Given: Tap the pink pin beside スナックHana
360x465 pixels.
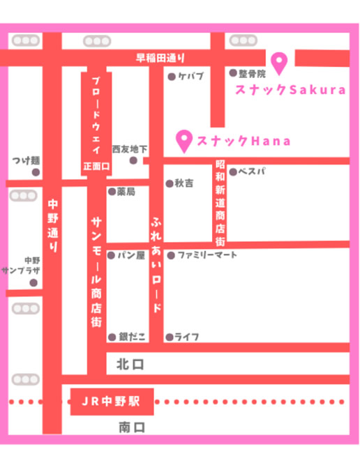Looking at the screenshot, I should click(185, 140).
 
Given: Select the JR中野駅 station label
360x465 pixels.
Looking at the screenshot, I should click(111, 402).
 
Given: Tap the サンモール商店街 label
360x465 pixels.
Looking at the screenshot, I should click(96, 271).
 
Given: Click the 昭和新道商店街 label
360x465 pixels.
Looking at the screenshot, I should click(220, 202).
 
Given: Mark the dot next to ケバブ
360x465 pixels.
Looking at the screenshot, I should click(171, 77).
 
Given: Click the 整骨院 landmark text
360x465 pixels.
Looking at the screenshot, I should click(252, 73).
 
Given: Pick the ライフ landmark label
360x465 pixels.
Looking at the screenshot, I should click(186, 337).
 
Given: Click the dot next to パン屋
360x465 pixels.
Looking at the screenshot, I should click(111, 255).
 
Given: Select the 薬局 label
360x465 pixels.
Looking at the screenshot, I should click(126, 190).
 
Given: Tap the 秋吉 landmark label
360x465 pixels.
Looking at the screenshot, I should click(184, 183).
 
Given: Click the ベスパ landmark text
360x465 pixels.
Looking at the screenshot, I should click(252, 171).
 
